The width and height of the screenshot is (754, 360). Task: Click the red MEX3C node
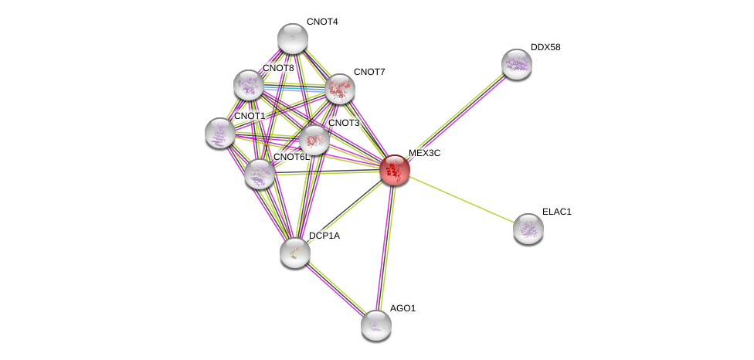(x=395, y=170)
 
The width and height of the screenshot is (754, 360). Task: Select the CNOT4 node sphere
(x=292, y=39)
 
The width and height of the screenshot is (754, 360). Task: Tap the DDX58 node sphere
(x=517, y=64)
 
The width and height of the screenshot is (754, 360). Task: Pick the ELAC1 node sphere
(x=528, y=229)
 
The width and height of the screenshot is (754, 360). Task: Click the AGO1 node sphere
(x=376, y=325)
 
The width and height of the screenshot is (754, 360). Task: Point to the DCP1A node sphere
(x=295, y=253)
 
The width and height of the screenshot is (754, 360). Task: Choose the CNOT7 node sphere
(x=340, y=89)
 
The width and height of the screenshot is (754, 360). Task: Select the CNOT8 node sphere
(x=249, y=85)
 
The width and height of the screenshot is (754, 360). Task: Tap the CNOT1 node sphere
(x=219, y=133)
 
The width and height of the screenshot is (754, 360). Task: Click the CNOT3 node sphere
(x=314, y=141)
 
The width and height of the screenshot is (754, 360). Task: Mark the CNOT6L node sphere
(x=260, y=174)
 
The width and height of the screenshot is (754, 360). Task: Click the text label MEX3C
(x=425, y=153)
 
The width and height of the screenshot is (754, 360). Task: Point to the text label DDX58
(x=545, y=47)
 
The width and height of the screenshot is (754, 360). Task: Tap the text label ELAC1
(x=557, y=212)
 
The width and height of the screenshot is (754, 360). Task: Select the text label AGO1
(x=403, y=308)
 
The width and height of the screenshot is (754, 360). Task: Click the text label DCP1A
(x=324, y=236)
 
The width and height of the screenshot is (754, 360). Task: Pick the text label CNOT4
(x=322, y=22)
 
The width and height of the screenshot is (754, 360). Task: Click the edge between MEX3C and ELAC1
(x=462, y=199)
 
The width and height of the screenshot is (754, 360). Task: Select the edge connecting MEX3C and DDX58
(x=456, y=117)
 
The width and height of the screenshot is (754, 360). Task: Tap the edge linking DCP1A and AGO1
(x=335, y=290)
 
